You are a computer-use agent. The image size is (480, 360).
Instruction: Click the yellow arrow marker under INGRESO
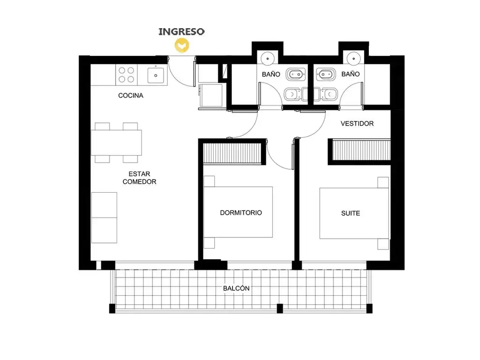182,45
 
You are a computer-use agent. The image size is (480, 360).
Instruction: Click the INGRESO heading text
181,31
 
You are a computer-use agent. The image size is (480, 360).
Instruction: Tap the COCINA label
131,96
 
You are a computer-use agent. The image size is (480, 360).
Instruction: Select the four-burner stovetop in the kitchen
127,75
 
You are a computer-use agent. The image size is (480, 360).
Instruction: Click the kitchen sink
156,75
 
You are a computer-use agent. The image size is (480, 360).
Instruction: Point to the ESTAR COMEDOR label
140,178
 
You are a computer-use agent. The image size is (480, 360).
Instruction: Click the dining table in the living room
116,142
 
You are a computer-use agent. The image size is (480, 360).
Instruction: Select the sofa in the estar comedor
104,217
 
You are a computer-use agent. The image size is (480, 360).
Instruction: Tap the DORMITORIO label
241,213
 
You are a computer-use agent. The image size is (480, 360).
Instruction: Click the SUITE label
351,213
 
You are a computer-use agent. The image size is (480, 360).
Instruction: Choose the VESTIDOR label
357,124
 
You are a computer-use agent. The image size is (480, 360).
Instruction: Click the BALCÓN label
236,288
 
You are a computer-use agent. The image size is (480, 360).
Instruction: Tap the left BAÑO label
271,75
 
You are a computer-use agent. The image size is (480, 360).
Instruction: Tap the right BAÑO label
351,74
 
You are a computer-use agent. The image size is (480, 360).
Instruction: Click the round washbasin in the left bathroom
268,58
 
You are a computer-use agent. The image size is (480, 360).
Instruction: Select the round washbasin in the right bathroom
354,58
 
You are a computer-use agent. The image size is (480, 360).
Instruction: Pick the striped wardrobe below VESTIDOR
361,150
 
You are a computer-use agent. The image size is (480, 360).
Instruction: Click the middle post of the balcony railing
280,308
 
